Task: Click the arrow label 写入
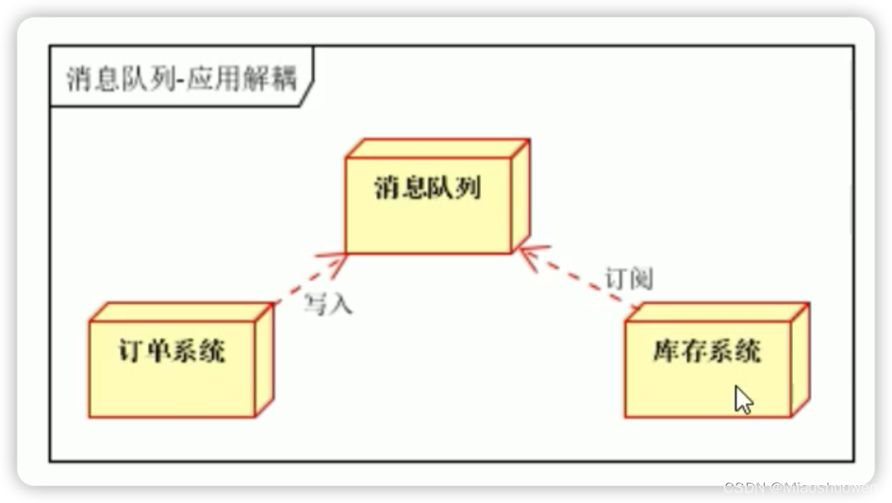(328, 304)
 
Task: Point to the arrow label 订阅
(629, 278)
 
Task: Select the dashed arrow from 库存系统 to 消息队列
(579, 277)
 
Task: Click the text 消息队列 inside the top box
(427, 188)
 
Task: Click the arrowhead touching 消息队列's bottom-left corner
(339, 258)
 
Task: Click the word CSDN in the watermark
(743, 487)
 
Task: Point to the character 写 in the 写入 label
(317, 304)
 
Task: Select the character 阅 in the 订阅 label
(641, 278)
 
